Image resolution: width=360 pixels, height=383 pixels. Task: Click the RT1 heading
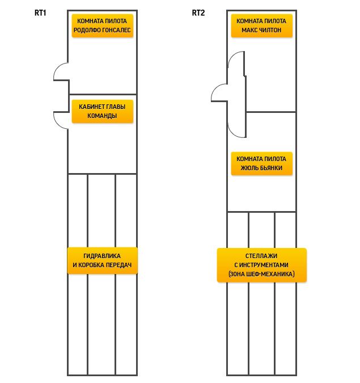point(40,12)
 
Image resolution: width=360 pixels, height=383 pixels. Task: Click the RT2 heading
point(198,12)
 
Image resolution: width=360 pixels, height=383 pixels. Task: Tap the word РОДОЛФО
point(87,30)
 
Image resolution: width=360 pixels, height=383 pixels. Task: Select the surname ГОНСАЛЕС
point(116,30)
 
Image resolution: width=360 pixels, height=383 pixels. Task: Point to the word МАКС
point(249,30)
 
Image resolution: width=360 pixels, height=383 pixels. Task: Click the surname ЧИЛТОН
point(270,30)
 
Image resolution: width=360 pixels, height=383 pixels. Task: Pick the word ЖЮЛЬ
point(249,168)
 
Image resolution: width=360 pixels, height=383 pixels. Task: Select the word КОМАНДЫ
point(102,116)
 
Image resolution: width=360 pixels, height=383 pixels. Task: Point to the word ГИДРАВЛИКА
point(102,256)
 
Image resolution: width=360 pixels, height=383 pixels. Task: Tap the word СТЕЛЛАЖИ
point(261,256)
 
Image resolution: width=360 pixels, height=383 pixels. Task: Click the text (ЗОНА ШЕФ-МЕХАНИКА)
point(261,274)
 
